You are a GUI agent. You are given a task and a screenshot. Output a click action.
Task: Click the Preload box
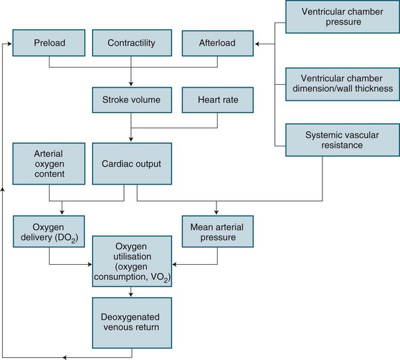pyautogui.click(x=50, y=44)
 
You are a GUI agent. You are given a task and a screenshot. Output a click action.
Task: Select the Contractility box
pyautogui.click(x=132, y=44)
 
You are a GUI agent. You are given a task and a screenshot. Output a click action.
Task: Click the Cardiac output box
pyautogui.click(x=132, y=162)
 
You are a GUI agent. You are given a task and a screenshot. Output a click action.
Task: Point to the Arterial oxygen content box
pyautogui.click(x=50, y=162)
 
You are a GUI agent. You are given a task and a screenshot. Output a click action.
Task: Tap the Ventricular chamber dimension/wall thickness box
pyautogui.click(x=340, y=82)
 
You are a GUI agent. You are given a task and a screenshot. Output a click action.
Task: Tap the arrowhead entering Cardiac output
pyautogui.click(x=132, y=138)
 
